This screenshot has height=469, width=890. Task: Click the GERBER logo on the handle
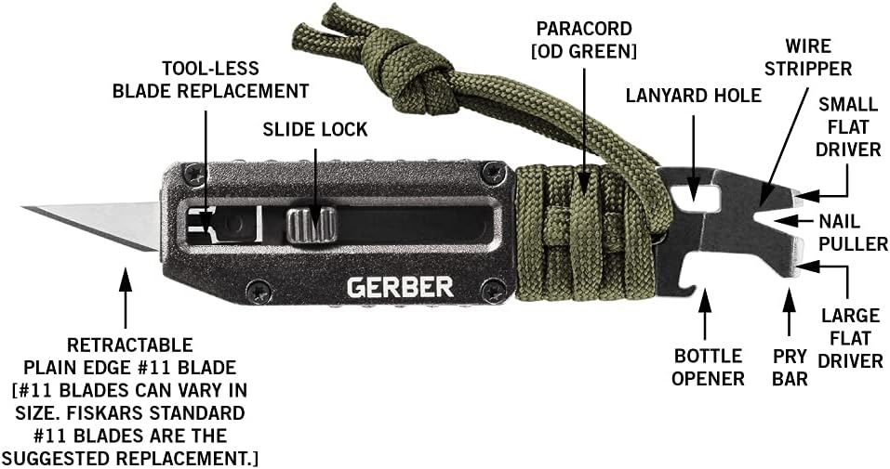(x=400, y=287)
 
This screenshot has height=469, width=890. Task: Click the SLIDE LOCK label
(x=314, y=130)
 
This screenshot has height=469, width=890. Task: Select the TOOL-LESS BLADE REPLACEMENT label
(x=209, y=80)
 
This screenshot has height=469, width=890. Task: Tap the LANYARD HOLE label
(x=693, y=96)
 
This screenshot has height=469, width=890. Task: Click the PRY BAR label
(x=789, y=366)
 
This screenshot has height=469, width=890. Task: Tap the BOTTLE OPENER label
(x=709, y=367)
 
